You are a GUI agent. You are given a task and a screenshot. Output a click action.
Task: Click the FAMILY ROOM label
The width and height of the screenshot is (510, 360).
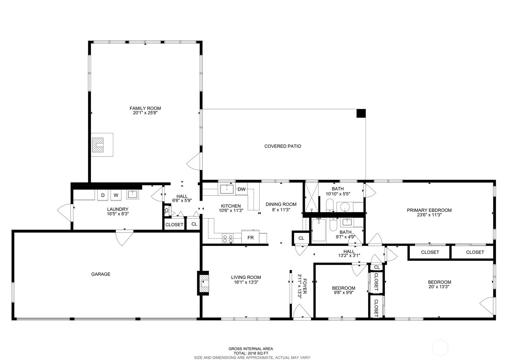point(145,108)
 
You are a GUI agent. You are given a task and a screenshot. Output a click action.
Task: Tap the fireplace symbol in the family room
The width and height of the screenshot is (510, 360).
point(98,145)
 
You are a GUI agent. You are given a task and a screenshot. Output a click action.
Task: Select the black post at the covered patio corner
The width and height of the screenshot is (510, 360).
point(361,113)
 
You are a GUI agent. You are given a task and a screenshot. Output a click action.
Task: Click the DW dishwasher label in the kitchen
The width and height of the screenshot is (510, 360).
point(242,189)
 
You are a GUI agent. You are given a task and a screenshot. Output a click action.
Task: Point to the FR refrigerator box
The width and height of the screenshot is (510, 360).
point(250,237)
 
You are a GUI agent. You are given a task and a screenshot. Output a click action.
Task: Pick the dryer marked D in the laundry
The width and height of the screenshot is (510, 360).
point(103,195)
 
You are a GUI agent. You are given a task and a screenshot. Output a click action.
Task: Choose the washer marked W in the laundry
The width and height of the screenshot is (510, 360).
point(116,195)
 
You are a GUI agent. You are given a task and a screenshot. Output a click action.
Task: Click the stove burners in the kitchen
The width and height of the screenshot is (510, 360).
point(228,238)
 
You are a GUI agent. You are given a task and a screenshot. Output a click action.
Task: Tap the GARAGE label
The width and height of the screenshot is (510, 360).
point(101,274)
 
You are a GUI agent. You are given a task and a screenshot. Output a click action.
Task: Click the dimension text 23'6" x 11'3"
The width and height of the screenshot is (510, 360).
point(429,215)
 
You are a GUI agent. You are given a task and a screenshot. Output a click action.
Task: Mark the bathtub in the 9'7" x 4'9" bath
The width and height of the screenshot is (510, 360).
point(319,230)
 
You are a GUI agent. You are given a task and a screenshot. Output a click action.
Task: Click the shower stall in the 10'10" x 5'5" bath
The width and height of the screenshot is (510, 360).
point(311,197)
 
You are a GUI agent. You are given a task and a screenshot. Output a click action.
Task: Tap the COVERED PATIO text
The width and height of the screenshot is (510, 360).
point(283,146)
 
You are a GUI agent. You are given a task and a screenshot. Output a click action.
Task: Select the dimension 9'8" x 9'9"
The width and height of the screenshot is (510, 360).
point(344,293)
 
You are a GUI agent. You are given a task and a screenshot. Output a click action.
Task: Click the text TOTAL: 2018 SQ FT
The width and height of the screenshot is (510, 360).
point(251,354)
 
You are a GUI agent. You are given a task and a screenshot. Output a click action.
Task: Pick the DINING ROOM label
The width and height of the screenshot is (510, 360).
point(281,204)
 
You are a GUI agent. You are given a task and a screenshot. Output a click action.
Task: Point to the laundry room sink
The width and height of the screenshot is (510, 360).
point(132,195)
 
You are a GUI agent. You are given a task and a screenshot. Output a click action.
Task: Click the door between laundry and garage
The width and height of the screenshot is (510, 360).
point(124,238)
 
